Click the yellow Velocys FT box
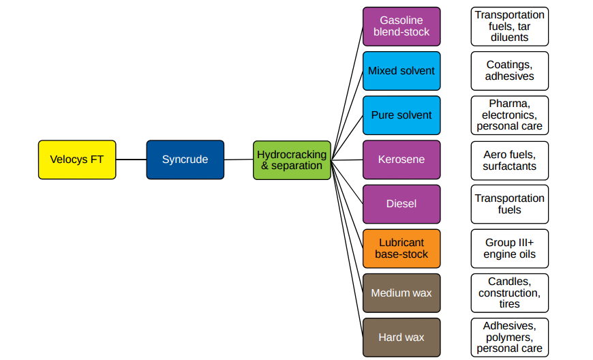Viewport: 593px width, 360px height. (77, 160)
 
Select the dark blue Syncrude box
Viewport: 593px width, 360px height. (185, 160)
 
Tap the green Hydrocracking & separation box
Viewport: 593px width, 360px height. (292, 160)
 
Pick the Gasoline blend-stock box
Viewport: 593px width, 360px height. (401, 27)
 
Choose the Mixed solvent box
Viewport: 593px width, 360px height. (401, 71)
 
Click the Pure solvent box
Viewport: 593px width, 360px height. (401, 115)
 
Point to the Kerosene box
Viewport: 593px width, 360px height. (401, 160)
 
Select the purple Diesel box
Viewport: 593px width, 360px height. (401, 204)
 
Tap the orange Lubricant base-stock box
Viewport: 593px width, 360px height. (401, 248)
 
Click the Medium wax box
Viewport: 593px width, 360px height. (401, 293)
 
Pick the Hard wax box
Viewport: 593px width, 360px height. (401, 337)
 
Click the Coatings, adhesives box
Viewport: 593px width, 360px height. (509, 71)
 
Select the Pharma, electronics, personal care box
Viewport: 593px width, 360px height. (509, 115)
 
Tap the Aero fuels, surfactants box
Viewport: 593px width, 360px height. (509, 160)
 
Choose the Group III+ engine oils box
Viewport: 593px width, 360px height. (509, 248)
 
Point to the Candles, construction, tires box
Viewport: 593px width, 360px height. (509, 293)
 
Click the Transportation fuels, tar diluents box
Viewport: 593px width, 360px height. (509, 27)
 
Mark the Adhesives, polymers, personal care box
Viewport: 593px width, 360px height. (509, 337)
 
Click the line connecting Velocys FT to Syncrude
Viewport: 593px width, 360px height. (131, 160)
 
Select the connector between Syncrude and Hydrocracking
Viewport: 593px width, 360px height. (239, 160)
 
